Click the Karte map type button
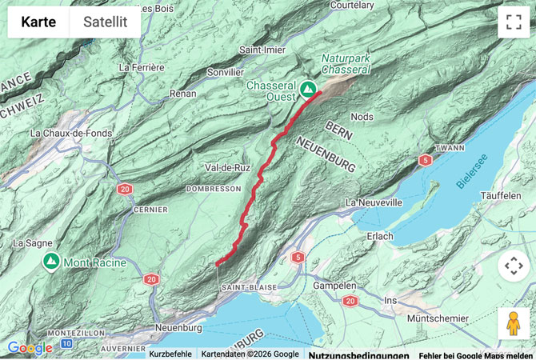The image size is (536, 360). point(38,22)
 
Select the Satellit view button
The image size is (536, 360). point(106,22)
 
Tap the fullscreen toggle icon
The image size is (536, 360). point(514,22)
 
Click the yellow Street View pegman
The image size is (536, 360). point(514,323)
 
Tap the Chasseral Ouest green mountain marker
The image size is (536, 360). point(308,88)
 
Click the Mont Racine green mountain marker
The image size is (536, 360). point(51,262)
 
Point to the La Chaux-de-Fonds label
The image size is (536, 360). point(70,133)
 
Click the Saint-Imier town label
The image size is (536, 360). point(263,50)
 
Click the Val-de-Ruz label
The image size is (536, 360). point(228,168)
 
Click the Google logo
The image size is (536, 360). point(30,348)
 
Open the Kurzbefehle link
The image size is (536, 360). point(170,354)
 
